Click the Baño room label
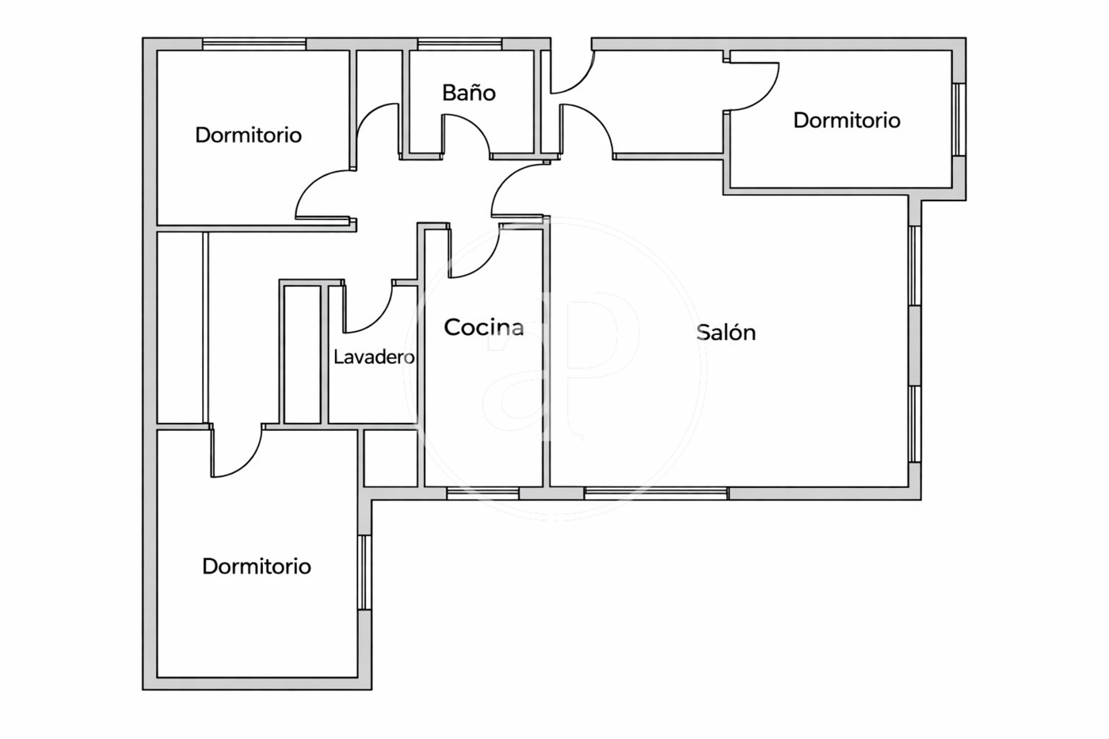pyautogui.click(x=468, y=93)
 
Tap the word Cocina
pyautogui.click(x=484, y=327)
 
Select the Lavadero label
pyautogui.click(x=374, y=357)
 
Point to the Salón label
pyautogui.click(x=726, y=332)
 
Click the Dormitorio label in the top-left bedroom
pyautogui.click(x=249, y=135)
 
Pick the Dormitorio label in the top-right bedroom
pyautogui.click(x=847, y=120)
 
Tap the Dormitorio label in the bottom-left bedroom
pyautogui.click(x=257, y=566)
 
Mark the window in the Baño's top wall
pyautogui.click(x=460, y=44)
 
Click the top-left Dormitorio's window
pyautogui.click(x=254, y=44)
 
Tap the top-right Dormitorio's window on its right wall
pyautogui.click(x=959, y=120)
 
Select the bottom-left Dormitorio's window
pyautogui.click(x=364, y=572)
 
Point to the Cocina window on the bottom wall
pyautogui.click(x=482, y=493)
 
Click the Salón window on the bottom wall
pyautogui.click(x=656, y=493)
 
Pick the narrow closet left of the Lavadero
pyautogui.click(x=302, y=354)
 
